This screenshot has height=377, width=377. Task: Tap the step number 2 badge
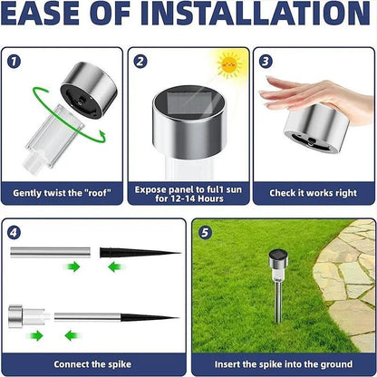pyautogui.click(x=140, y=63)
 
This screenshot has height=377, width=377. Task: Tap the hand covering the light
pyautogui.click(x=313, y=96)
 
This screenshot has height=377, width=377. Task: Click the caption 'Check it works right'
pyautogui.click(x=312, y=193)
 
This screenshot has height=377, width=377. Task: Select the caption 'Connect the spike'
pyautogui.click(x=92, y=363)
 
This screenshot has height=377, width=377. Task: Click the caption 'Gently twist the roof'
pyautogui.click(x=63, y=193)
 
